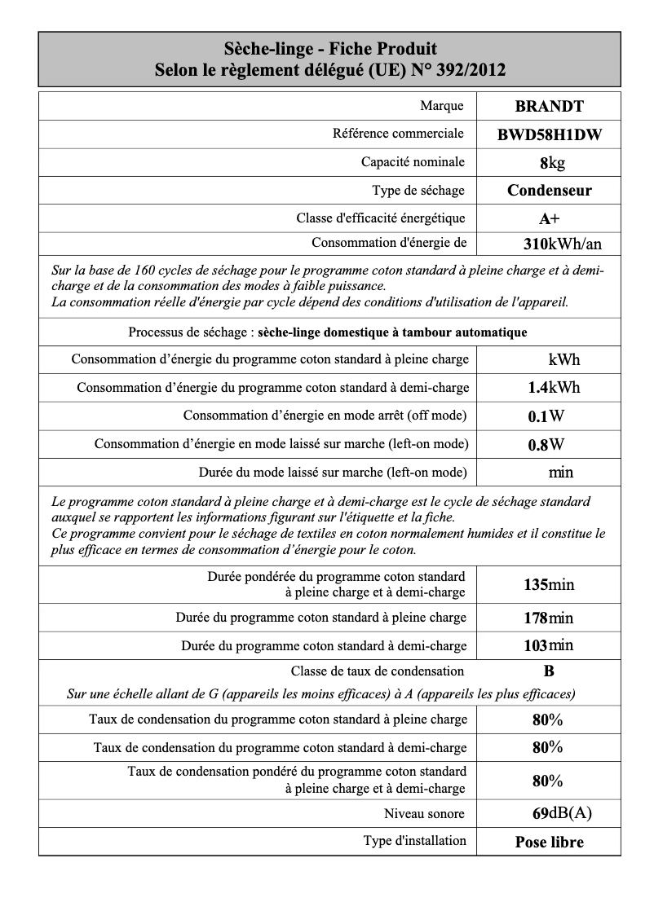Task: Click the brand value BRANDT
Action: click(549, 106)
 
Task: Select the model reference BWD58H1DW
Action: click(549, 135)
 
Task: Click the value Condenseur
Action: click(549, 191)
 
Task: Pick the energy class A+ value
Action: click(549, 218)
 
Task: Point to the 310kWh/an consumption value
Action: click(562, 244)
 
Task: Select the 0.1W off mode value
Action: click(546, 416)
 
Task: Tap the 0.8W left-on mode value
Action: click(546, 445)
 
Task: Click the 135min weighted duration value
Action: click(548, 584)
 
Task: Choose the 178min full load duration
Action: click(548, 618)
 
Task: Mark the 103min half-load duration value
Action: click(548, 645)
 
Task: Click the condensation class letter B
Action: click(549, 671)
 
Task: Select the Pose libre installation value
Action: click(549, 843)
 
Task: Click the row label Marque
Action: click(442, 106)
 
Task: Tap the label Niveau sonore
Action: click(424, 813)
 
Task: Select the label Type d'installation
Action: click(414, 841)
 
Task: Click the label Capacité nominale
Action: click(413, 162)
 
